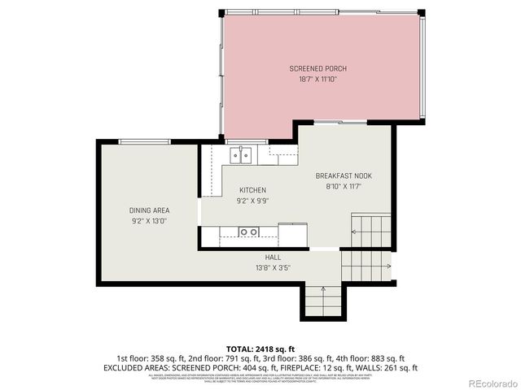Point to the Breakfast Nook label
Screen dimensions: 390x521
(x=344, y=175)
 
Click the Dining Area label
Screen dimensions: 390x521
(x=149, y=210)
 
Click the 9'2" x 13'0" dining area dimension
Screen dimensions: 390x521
(x=149, y=221)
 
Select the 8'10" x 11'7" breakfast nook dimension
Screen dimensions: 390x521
(x=344, y=186)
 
